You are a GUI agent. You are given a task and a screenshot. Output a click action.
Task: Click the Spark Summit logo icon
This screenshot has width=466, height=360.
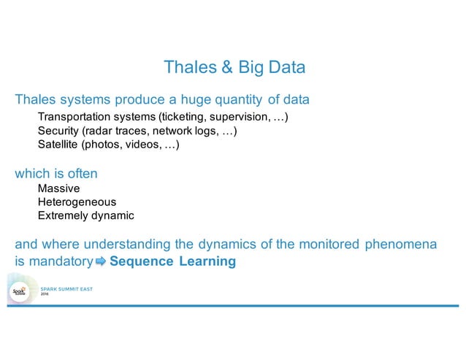tap(19, 292)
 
